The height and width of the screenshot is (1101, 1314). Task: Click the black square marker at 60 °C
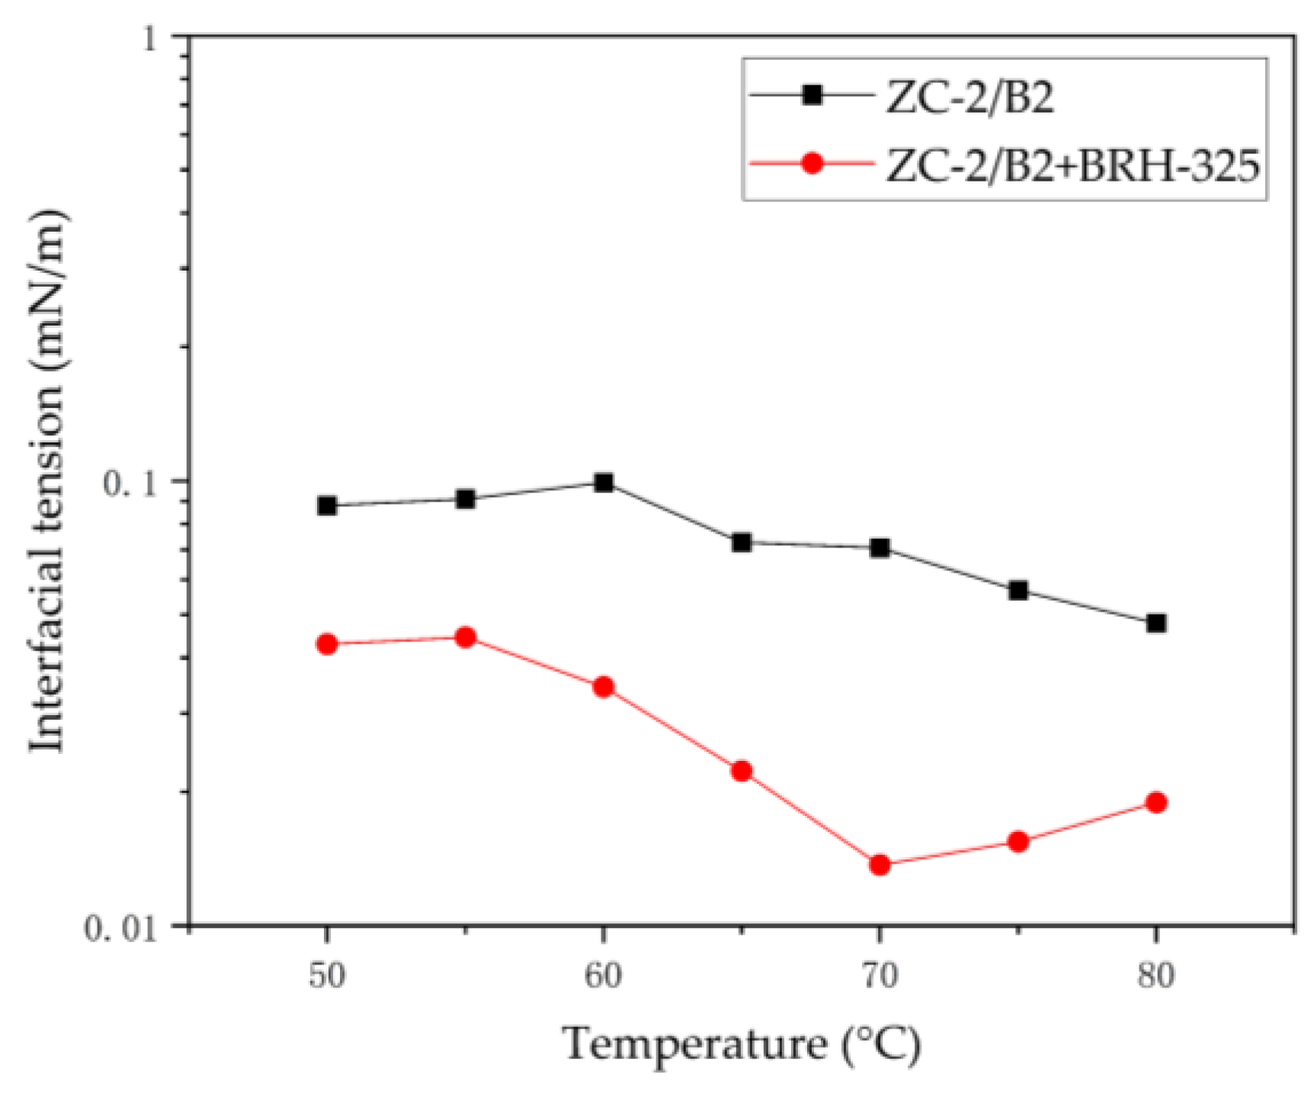pyautogui.click(x=604, y=483)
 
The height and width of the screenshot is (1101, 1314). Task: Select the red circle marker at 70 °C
pyautogui.click(x=880, y=865)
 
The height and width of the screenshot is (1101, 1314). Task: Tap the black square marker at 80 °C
pyautogui.click(x=1156, y=624)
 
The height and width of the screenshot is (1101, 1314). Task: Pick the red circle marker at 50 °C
pyautogui.click(x=327, y=644)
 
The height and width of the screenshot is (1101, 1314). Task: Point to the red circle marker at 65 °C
pyautogui.click(x=742, y=771)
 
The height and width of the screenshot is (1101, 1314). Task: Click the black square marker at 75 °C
pyautogui.click(x=1018, y=590)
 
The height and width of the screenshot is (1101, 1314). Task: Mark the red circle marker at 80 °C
pyautogui.click(x=1156, y=802)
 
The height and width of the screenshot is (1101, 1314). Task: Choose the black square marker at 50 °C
pyautogui.click(x=327, y=506)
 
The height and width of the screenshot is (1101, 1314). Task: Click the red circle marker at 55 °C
pyautogui.click(x=466, y=637)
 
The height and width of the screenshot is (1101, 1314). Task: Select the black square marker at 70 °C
pyautogui.click(x=880, y=548)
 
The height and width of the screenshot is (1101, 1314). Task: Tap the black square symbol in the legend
pyautogui.click(x=812, y=95)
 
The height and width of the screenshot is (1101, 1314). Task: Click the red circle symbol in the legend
pyautogui.click(x=812, y=163)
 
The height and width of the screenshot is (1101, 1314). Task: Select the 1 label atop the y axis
pyautogui.click(x=149, y=38)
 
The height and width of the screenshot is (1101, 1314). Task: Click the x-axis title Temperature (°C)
pyautogui.click(x=742, y=1045)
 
